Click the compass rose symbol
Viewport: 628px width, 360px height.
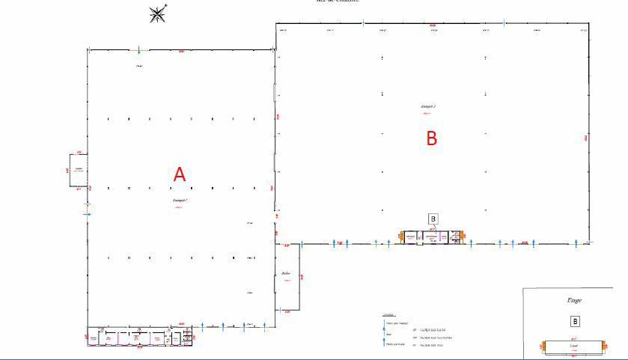[158, 13]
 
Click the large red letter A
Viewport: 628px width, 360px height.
[179, 174]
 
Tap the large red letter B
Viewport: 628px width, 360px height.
[431, 138]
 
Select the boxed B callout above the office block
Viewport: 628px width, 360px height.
[433, 219]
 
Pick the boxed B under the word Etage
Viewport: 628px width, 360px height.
[575, 321]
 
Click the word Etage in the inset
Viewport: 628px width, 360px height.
[574, 300]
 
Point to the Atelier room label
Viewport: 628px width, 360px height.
[286, 273]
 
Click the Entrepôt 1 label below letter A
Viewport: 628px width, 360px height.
[179, 201]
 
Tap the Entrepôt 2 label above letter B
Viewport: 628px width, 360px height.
[427, 106]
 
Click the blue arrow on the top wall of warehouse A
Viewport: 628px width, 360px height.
[138, 50]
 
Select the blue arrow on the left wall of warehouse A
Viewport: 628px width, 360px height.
[88, 214]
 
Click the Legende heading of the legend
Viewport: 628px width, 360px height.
[388, 315]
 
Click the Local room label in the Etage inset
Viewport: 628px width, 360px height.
[574, 347]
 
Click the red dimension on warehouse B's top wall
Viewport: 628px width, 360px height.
[433, 25]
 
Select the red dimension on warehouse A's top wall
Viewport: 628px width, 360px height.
[181, 52]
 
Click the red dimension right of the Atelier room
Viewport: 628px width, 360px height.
[302, 277]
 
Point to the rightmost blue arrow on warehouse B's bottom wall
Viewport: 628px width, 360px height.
[576, 242]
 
